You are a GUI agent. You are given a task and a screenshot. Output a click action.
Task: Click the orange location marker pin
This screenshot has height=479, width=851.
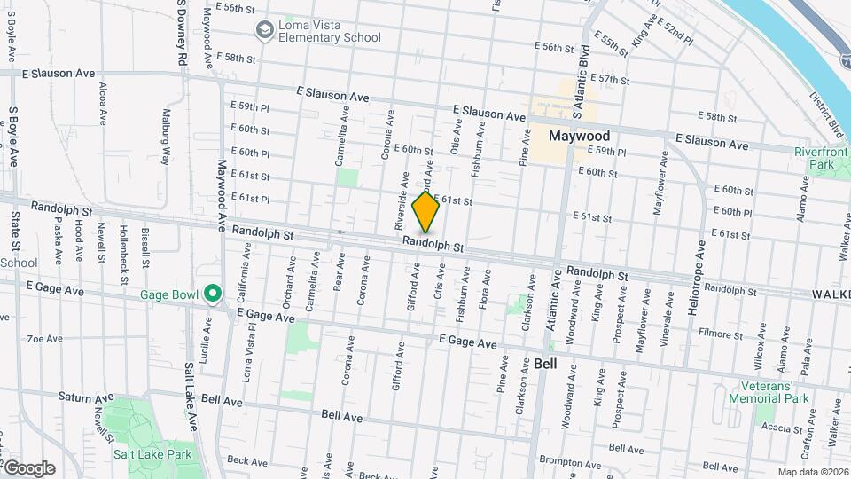[x=426, y=211]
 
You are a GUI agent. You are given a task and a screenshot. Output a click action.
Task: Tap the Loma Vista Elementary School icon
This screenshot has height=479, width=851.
[x=264, y=31]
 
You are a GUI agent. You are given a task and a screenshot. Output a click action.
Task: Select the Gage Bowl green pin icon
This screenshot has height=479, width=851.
[x=213, y=293]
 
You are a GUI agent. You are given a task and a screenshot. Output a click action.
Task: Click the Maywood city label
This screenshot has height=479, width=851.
[x=579, y=136]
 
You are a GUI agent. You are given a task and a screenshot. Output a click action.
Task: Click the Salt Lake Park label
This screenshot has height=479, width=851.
[x=152, y=454]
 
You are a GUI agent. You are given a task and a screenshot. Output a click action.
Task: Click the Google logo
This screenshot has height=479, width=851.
[x=29, y=468]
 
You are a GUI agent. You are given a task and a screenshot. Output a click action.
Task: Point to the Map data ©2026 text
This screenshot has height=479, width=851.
[x=812, y=472]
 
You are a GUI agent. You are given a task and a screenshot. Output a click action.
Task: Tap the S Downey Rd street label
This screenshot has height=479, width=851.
[x=180, y=31]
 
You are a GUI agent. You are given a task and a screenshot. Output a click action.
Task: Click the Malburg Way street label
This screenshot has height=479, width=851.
[x=165, y=137]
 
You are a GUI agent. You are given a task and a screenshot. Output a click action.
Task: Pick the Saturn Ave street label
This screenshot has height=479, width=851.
[x=83, y=397]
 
